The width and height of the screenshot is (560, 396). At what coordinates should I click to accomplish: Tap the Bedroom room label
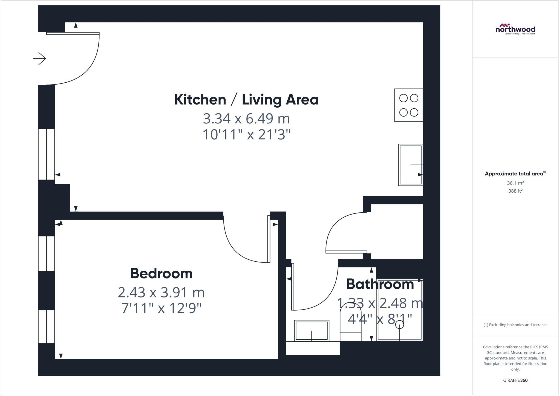161,273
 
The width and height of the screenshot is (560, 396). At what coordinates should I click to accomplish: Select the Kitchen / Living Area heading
246,100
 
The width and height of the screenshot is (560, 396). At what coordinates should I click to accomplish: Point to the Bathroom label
380,284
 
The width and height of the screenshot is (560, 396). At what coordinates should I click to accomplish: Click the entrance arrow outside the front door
40,59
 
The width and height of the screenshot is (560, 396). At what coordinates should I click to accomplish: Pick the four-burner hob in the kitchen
409,105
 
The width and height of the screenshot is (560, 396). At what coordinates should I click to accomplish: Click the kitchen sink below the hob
410,165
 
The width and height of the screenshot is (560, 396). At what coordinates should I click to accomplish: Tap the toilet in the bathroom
350,326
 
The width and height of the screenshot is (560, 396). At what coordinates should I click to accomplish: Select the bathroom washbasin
311,331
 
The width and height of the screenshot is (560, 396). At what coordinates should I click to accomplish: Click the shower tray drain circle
399,325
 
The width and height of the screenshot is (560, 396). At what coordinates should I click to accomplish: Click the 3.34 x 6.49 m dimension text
246,119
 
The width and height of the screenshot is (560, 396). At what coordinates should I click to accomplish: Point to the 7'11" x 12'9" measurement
161,308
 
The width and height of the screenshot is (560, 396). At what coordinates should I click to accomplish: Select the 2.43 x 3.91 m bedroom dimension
161,293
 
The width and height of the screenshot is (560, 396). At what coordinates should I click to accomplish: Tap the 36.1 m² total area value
515,183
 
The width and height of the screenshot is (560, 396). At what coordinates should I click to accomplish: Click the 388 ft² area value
515,191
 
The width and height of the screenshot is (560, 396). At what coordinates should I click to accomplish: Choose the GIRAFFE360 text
515,380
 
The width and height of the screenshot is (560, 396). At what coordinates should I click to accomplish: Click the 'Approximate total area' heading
514,174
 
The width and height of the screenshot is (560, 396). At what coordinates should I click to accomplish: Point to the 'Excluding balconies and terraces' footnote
515,325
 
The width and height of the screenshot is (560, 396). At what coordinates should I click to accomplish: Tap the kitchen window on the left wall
46,154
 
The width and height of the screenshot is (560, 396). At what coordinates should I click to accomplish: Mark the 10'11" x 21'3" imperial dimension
246,135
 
